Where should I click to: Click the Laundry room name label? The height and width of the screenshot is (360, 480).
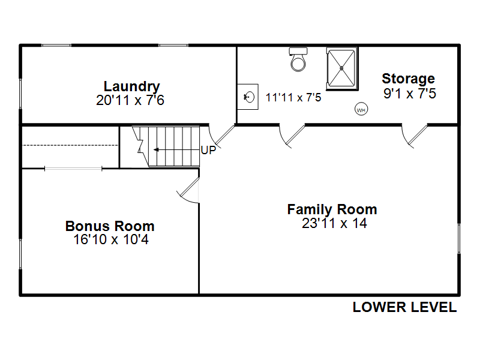coord(131,86)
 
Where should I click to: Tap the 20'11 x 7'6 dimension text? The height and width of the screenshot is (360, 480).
coord(130,100)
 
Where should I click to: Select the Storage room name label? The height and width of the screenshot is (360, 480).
coord(409,79)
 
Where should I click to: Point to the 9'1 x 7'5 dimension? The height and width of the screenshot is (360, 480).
coord(410,94)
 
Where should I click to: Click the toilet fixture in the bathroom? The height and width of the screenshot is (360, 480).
coord(298,59)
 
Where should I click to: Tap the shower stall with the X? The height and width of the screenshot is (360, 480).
coord(342,68)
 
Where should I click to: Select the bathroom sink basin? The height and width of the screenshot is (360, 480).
coord(249,97)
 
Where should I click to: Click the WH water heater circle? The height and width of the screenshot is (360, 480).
coord(361,109)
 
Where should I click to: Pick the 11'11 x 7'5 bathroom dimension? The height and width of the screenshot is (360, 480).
coord(293,97)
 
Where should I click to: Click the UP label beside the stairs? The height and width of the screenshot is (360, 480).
coord(208,150)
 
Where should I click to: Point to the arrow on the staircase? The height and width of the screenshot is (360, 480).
coord(176,149)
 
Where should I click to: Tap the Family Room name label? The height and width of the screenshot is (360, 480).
coord(332,209)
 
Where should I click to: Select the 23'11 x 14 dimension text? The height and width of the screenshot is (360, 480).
coord(334,223)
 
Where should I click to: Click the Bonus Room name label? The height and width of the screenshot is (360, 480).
coord(110,226)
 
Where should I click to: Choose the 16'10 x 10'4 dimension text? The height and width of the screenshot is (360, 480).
coord(111,239)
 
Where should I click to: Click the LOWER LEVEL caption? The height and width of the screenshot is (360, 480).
coord(404,307)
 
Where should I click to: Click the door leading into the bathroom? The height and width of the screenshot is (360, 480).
coord(292,136)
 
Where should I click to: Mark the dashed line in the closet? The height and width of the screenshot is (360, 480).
coord(70,145)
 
